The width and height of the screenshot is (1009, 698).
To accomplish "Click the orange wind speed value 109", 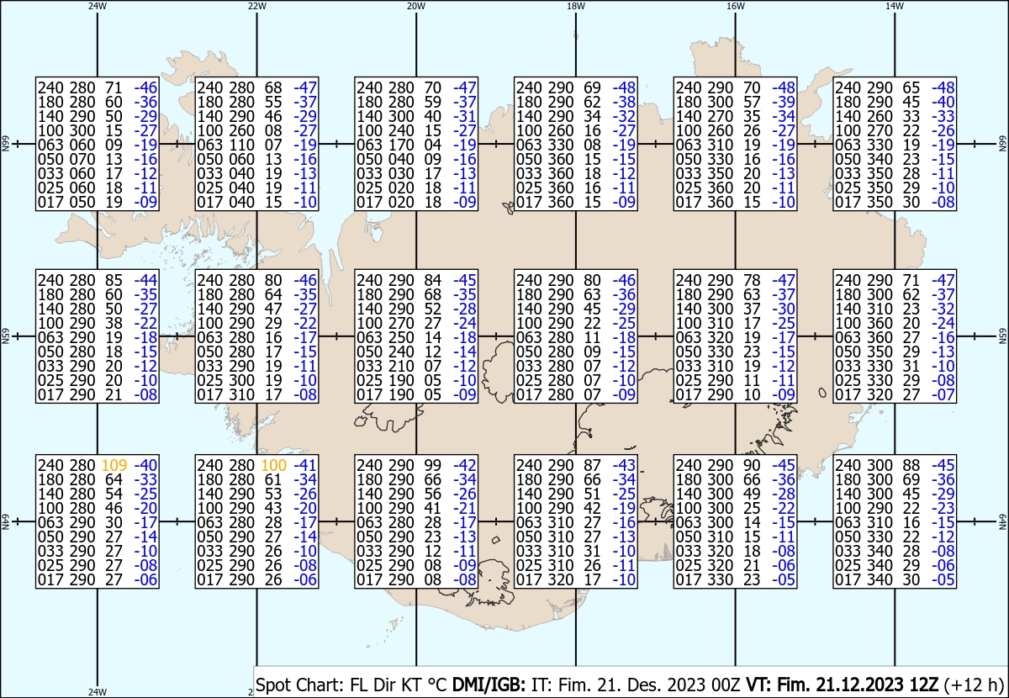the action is click(114, 465).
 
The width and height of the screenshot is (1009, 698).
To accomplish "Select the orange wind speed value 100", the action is click(274, 465).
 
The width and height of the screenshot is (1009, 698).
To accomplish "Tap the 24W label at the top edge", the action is click(98, 6).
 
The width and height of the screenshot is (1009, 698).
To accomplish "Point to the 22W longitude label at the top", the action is click(256, 6).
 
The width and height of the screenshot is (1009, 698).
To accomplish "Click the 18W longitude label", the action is click(576, 6).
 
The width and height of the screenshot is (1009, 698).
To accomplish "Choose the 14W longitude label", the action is click(895, 6).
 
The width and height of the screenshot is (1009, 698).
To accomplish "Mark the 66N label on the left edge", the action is click(5, 144).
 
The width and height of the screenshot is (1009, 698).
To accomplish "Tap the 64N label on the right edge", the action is click(1002, 521).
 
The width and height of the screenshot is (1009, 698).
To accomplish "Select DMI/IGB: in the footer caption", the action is click(489, 685).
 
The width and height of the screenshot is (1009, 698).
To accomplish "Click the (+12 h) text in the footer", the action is click(974, 685).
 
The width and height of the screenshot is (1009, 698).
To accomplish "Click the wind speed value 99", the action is click(432, 465).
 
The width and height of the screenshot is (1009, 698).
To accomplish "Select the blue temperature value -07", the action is click(943, 394).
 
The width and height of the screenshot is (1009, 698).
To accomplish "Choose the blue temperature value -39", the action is click(784, 102).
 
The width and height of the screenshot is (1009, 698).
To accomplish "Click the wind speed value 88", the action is click(911, 465).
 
